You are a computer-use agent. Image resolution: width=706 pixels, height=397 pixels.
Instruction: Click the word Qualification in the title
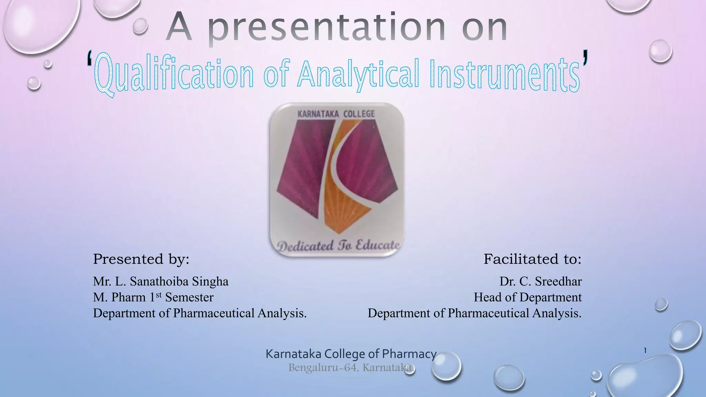(174, 74)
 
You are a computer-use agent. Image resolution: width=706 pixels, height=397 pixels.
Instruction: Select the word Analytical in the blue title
(359, 74)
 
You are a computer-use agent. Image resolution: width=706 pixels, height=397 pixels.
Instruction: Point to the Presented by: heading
(141, 259)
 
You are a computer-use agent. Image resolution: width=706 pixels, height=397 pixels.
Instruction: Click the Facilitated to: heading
(532, 259)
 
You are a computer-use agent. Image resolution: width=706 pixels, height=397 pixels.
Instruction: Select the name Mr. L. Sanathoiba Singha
(161, 282)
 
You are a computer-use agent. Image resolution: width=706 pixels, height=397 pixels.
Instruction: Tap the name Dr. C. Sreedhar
(541, 282)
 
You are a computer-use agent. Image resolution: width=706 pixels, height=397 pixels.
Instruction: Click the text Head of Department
(527, 297)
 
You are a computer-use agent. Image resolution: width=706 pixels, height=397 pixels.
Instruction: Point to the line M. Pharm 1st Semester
(153, 297)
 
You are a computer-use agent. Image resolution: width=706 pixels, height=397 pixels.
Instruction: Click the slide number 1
(645, 351)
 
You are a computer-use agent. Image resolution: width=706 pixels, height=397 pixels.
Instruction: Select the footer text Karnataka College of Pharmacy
(351, 354)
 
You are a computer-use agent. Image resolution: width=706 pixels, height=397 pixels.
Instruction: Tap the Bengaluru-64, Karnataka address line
(351, 368)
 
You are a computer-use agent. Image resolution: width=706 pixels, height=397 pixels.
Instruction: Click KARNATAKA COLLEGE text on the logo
(336, 114)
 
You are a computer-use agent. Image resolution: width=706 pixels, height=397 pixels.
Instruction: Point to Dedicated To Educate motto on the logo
(338, 246)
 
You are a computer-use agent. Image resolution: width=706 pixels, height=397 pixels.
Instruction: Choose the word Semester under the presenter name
(189, 297)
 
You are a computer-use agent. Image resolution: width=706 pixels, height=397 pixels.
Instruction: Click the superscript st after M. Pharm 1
(159, 295)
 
